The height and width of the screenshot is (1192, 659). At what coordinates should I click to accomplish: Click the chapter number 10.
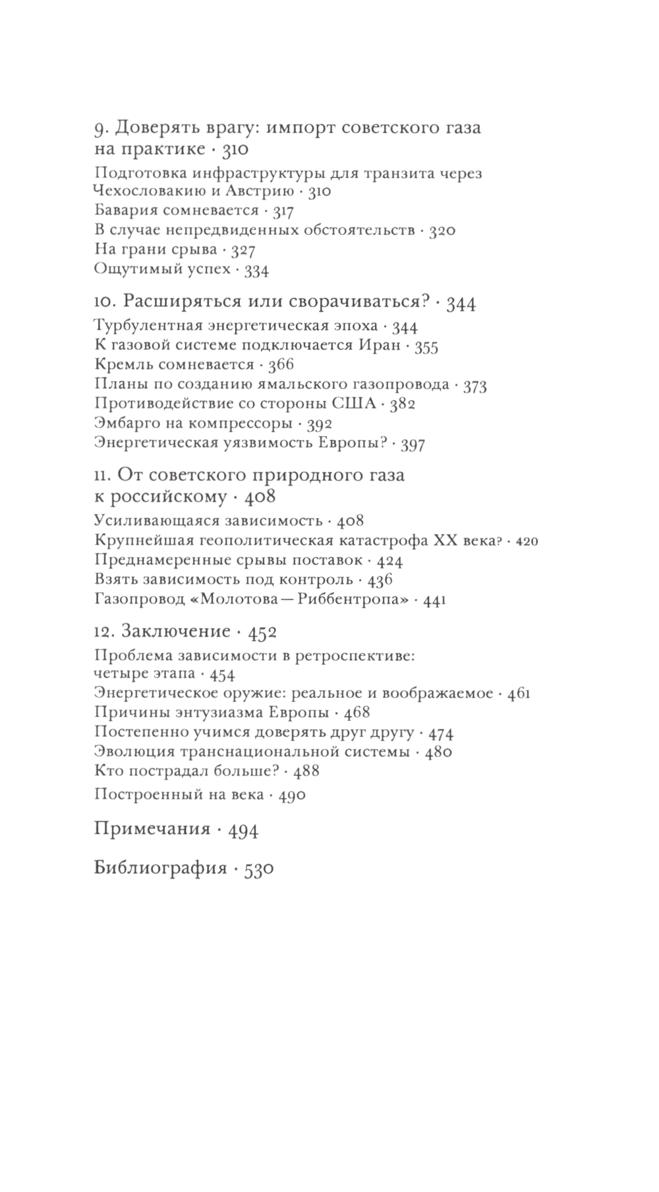(105, 302)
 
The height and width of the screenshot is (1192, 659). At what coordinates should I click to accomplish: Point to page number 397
(413, 444)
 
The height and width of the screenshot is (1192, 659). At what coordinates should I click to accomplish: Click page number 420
(526, 542)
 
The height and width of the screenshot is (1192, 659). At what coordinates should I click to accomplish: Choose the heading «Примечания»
(152, 828)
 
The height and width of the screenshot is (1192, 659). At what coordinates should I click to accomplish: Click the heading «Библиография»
(160, 868)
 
